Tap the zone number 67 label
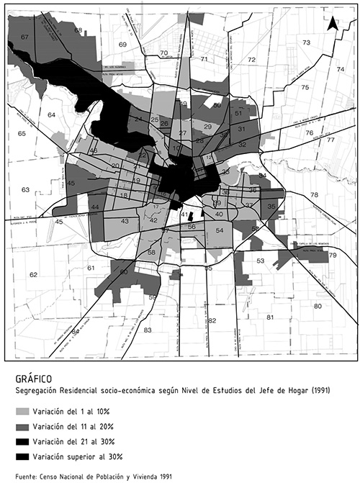pyautogui.click(x=24, y=37)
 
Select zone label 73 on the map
pyautogui.click(x=306, y=43)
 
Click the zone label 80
pyautogui.click(x=317, y=306)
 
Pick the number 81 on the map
pyautogui.click(x=271, y=317)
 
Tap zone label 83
pyautogui.click(x=148, y=330)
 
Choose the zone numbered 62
pyautogui.click(x=33, y=274)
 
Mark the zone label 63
pyautogui.click(x=25, y=190)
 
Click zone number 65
pyautogui.click(x=22, y=134)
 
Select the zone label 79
pyautogui.click(x=333, y=256)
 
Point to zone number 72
pyautogui.click(x=252, y=59)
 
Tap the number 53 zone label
pyautogui.click(x=261, y=261)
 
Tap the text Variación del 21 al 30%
pyautogui.click(x=84, y=441)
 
